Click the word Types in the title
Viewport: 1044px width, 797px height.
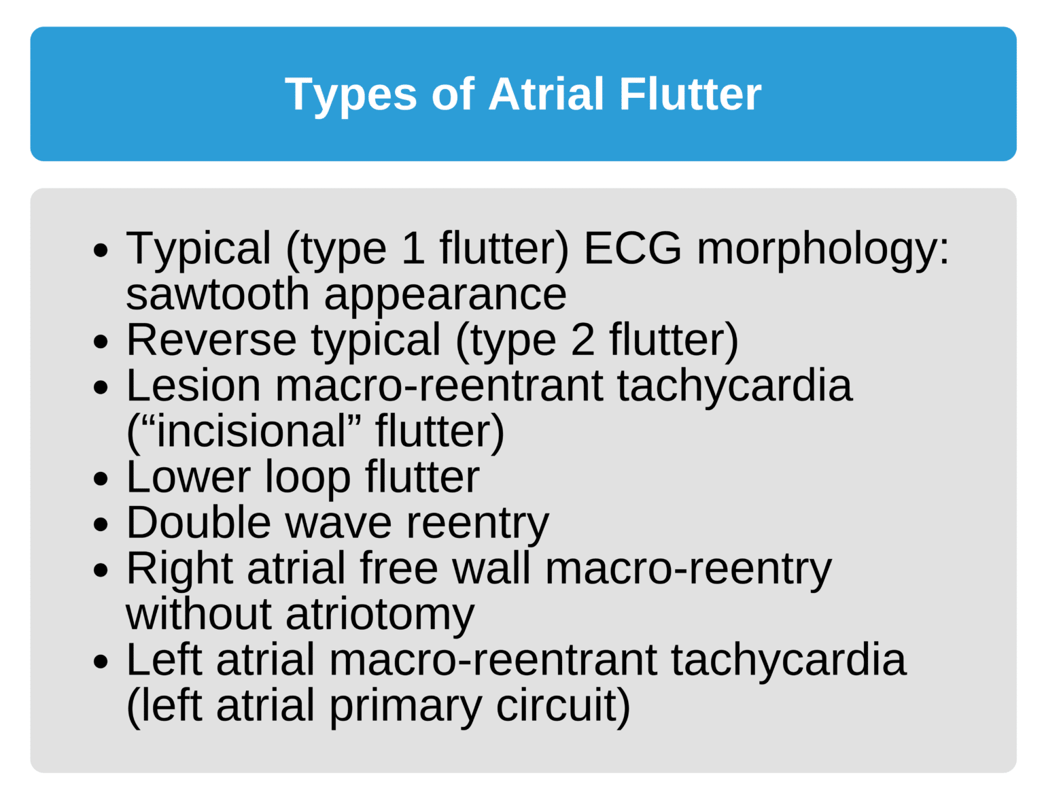349,95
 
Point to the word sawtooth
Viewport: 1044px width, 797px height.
217,294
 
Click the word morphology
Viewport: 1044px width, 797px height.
822,249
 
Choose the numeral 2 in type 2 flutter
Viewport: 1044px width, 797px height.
582,339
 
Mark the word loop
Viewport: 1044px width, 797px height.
307,477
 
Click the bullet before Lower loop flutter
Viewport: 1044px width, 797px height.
101,479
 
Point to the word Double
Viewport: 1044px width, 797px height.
198,523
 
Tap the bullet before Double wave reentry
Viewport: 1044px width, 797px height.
101,524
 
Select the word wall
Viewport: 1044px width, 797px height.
491,568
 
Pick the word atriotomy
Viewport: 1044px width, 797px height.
380,615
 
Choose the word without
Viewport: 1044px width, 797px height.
198,613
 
